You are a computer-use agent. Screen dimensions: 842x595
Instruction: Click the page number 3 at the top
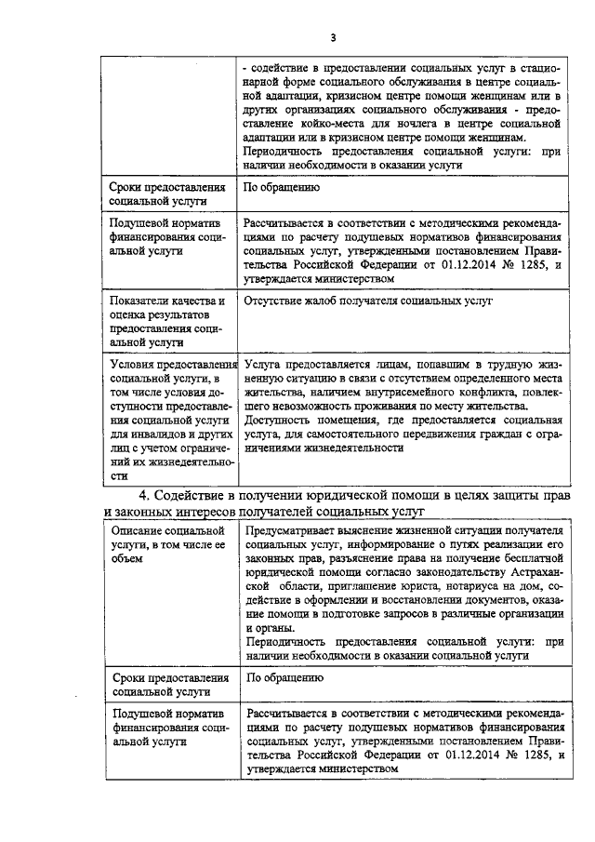[x=332, y=37]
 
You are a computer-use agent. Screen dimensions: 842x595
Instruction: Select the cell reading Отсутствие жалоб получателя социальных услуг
[x=367, y=301]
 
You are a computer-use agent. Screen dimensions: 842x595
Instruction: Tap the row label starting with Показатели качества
[x=166, y=321]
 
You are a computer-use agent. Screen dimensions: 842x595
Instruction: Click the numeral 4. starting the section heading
[x=144, y=495]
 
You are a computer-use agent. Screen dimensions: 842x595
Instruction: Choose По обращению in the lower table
[x=284, y=678]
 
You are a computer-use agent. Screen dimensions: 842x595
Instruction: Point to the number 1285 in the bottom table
[x=530, y=756]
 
